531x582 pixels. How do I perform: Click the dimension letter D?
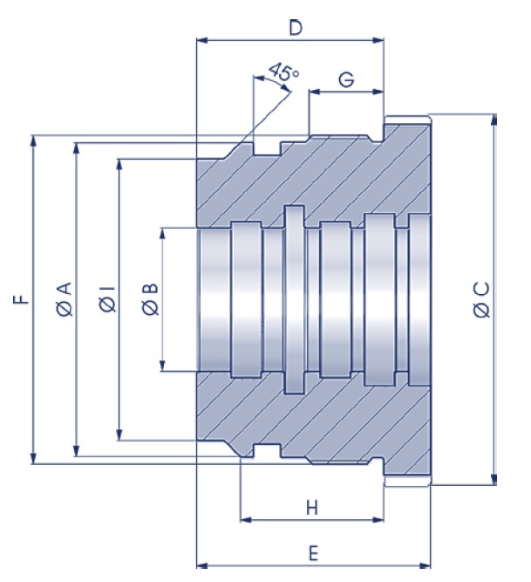pyautogui.click(x=295, y=28)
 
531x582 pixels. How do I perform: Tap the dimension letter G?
pyautogui.click(x=346, y=79)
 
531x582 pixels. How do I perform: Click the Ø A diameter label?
pyautogui.click(x=65, y=299)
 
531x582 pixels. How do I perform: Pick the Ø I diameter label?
pyautogui.click(x=106, y=299)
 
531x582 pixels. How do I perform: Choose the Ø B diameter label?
pyautogui.click(x=149, y=299)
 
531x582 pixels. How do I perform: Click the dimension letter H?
pyautogui.click(x=311, y=507)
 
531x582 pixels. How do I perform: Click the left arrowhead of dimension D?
pyautogui.click(x=201, y=40)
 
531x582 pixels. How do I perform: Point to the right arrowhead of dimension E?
pyautogui.click(x=427, y=564)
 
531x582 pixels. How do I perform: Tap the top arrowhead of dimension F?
pyautogui.click(x=34, y=140)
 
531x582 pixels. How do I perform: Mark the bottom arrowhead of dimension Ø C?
pyautogui.click(x=494, y=479)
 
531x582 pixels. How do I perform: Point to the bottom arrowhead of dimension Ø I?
pyautogui.click(x=119, y=435)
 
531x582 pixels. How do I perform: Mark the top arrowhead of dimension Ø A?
pyautogui.click(x=77, y=147)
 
